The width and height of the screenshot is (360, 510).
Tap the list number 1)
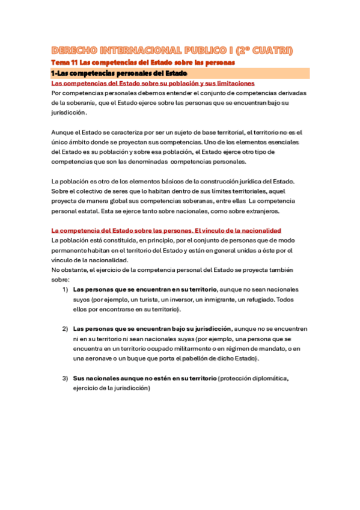pos(65,289)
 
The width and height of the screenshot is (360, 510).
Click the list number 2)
pos(65,329)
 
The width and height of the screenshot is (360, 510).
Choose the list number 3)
pos(65,378)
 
